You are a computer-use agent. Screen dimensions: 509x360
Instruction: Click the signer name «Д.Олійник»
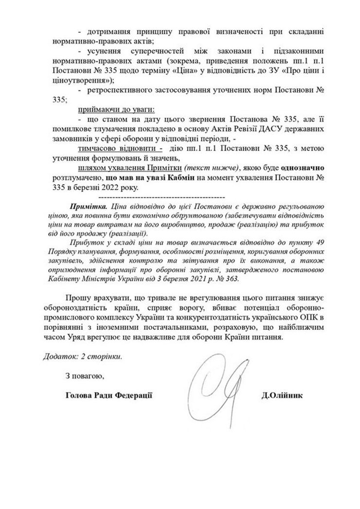pyautogui.click(x=283, y=396)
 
